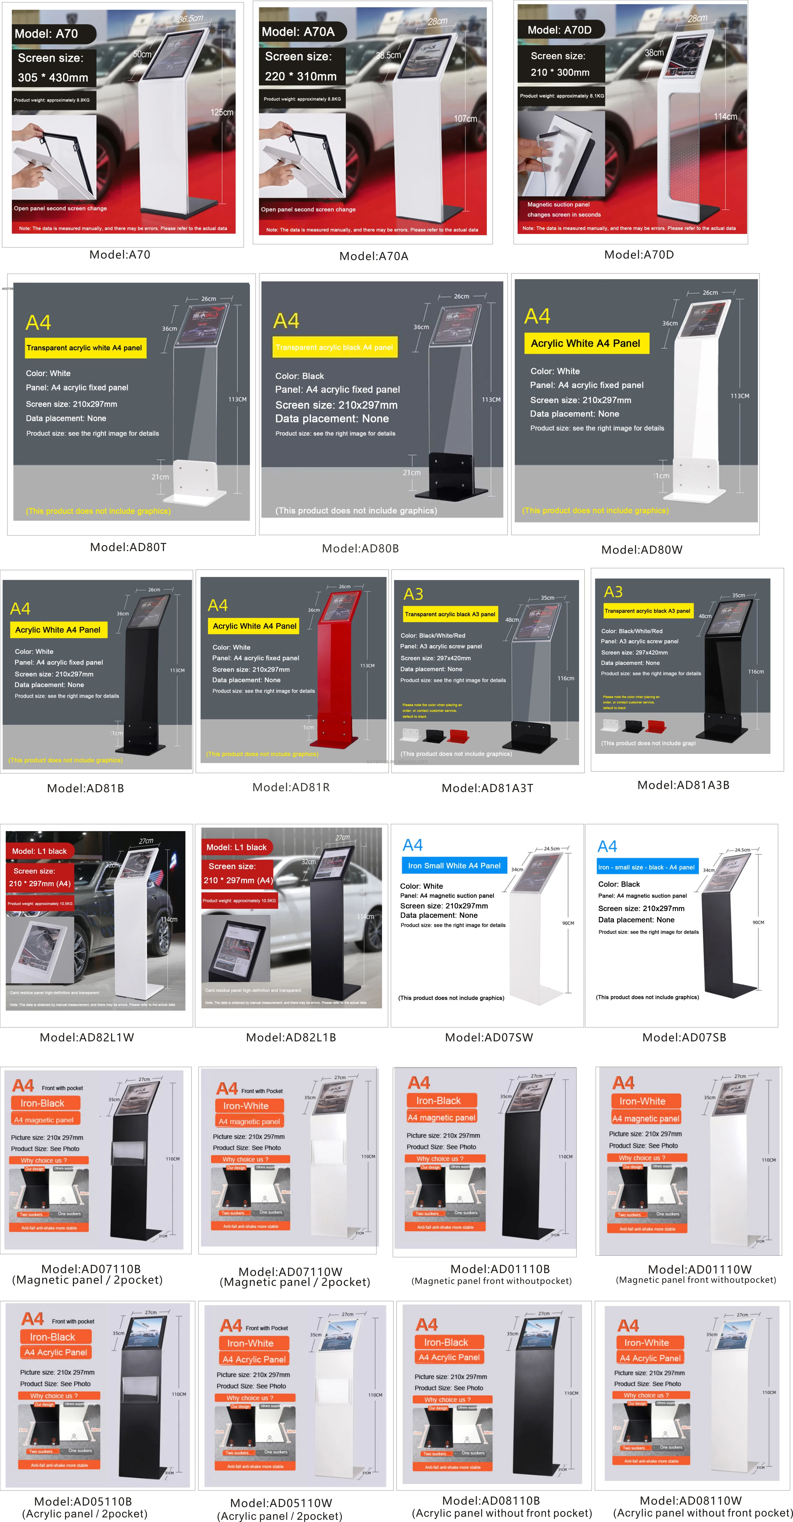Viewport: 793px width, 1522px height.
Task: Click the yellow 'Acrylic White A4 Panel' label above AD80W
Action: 586,343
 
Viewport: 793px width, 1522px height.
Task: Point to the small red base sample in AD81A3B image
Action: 656,726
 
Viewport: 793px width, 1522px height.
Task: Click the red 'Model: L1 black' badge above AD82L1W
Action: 39,851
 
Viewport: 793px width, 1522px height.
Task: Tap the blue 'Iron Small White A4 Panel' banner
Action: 454,866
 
